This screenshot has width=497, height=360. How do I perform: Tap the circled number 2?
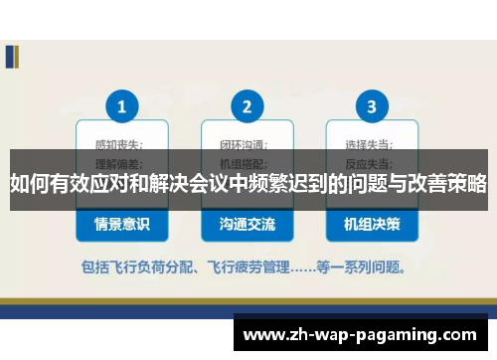coord(247,105)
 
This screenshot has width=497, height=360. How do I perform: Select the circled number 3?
coord(372,105)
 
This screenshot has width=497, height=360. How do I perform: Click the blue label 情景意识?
coord(121,225)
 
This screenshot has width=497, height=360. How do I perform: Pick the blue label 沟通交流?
coord(247,225)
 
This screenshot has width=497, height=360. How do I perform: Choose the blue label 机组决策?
coord(372,225)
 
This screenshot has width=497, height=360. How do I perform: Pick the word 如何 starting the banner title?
coord(26,184)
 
